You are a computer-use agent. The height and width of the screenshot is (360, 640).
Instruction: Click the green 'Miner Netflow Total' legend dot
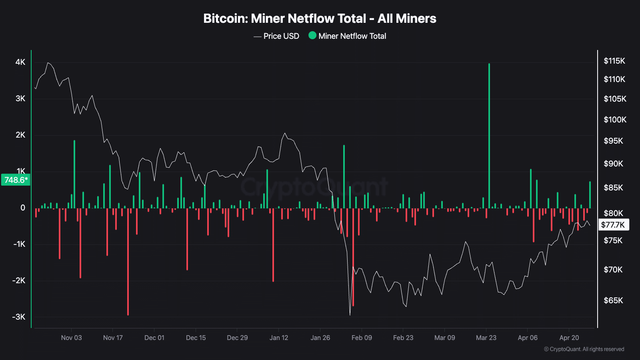pyautogui.click(x=312, y=36)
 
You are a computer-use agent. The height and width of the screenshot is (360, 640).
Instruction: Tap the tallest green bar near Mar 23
pyautogui.click(x=489, y=136)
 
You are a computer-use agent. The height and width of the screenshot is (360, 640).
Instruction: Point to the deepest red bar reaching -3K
pyautogui.click(x=128, y=262)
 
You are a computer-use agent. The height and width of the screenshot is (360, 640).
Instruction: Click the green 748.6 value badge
pyautogui.click(x=16, y=180)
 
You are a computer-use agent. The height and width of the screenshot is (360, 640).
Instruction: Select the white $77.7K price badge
pyautogui.click(x=613, y=225)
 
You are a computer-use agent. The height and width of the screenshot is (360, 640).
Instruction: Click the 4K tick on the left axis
pyautogui.click(x=20, y=62)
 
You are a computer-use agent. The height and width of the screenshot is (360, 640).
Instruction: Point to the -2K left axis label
pyautogui.click(x=19, y=280)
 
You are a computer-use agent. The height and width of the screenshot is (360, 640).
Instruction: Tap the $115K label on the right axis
pyautogui.click(x=614, y=61)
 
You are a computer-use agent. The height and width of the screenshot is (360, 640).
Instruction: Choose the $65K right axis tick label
pyautogui.click(x=613, y=300)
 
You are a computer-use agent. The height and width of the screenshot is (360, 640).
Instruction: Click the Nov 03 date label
pyautogui.click(x=71, y=338)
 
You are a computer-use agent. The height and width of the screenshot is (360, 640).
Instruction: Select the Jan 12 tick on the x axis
pyautogui.click(x=279, y=338)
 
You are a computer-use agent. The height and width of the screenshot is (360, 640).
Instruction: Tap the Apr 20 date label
pyautogui.click(x=569, y=338)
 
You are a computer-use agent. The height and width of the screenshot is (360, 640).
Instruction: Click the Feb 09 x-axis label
pyautogui.click(x=362, y=338)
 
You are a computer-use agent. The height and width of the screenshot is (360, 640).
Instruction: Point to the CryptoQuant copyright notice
pyautogui.click(x=584, y=349)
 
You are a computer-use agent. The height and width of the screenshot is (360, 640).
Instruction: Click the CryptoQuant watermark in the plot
pyautogui.click(x=314, y=187)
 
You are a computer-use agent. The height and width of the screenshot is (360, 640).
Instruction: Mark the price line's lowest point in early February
pyautogui.click(x=350, y=314)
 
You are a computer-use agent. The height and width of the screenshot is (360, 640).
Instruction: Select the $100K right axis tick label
pyautogui.click(x=615, y=120)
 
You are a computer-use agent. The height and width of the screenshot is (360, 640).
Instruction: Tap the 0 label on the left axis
pyautogui.click(x=23, y=208)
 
